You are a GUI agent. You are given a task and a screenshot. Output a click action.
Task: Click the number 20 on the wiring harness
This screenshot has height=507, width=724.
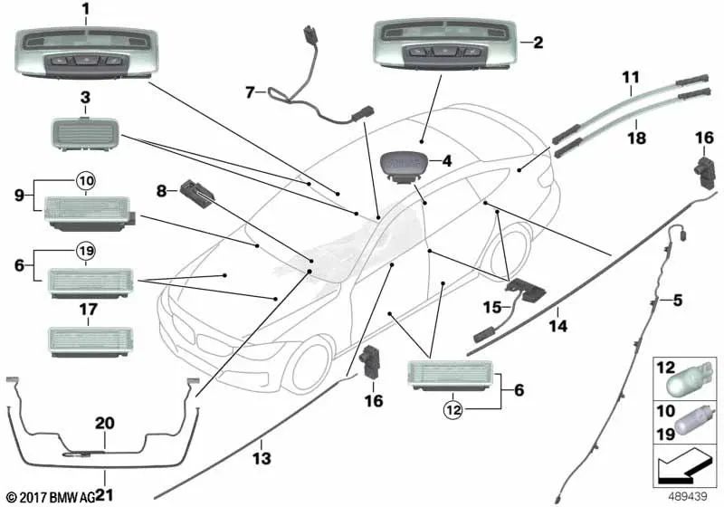pyautogui.click(x=104, y=421)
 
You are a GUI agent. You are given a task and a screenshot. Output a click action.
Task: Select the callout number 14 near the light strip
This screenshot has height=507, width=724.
pyautogui.click(x=557, y=323)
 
